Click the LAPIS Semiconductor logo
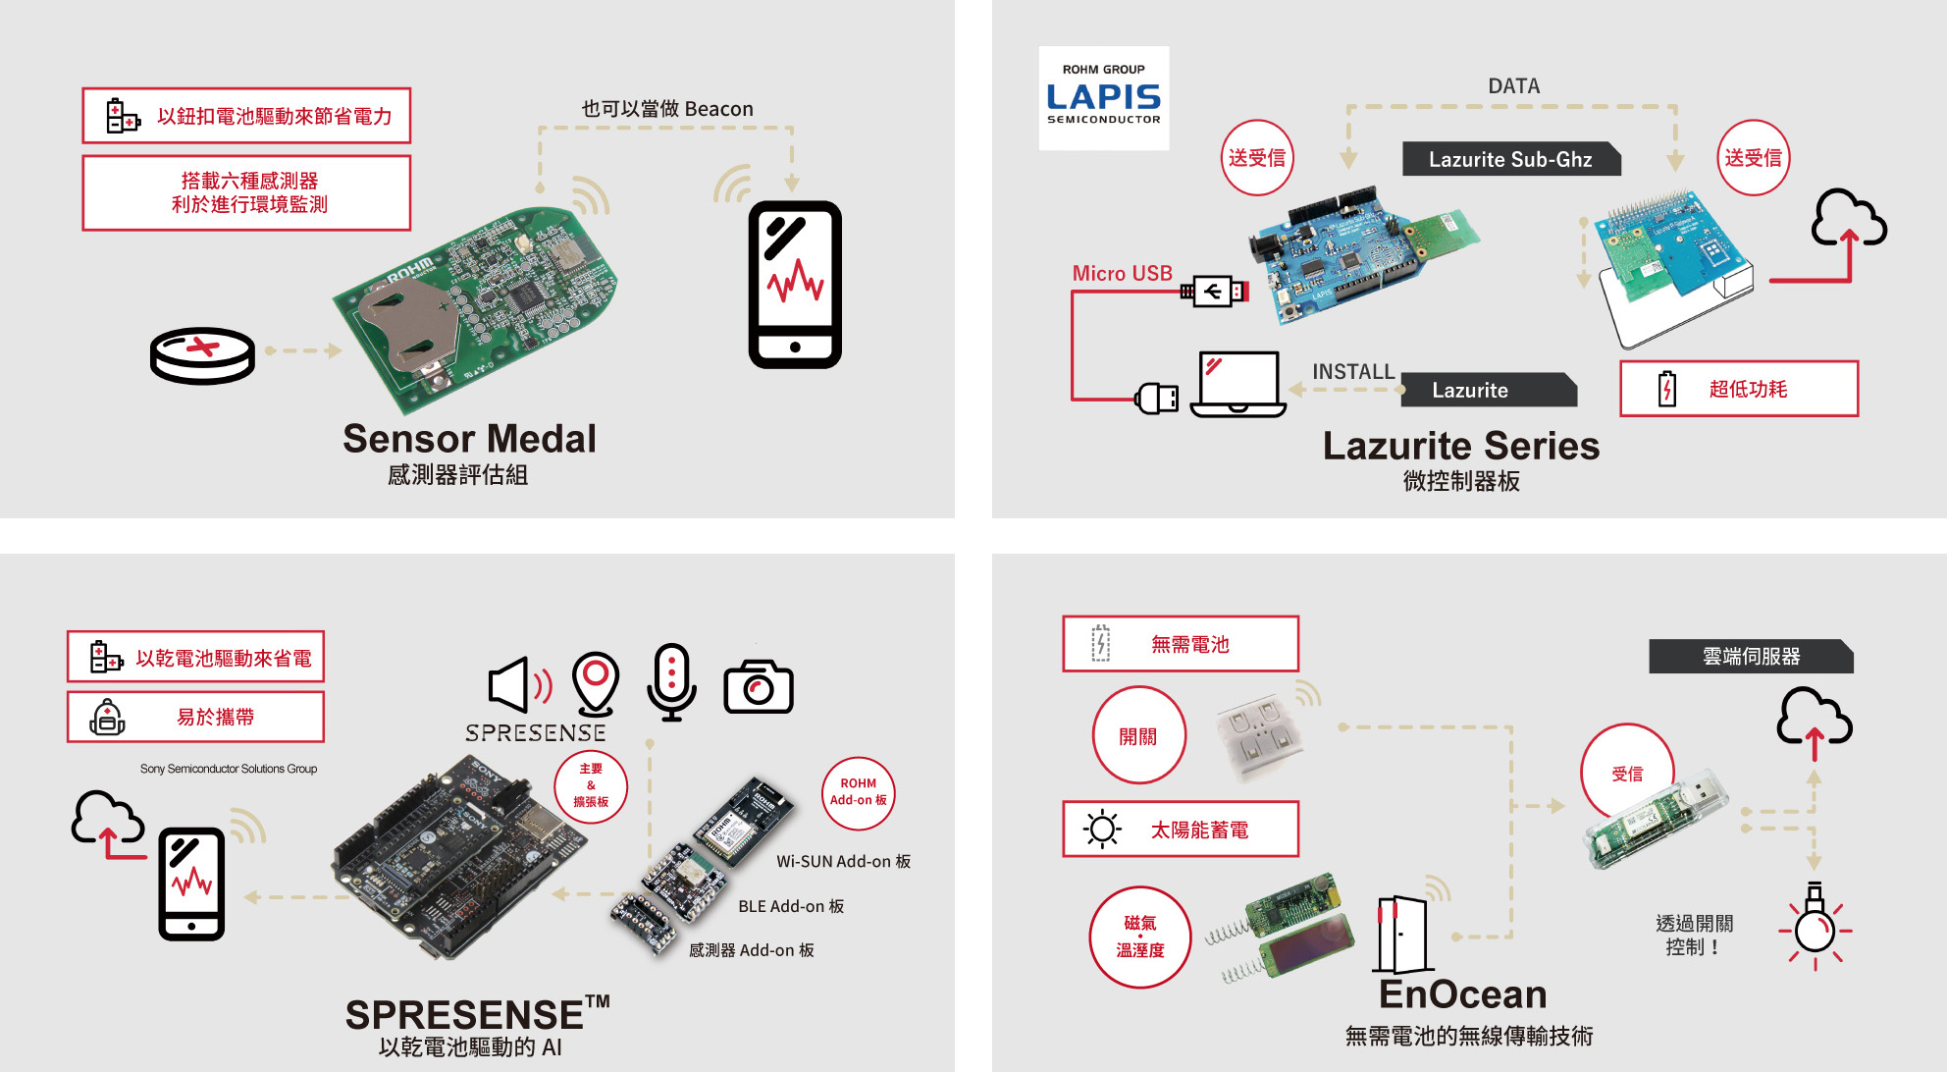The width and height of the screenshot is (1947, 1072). (1103, 97)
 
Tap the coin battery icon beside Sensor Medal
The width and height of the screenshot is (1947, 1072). (202, 354)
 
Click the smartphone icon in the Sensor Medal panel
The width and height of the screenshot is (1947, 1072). (795, 285)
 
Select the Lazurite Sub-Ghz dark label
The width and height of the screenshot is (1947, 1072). (1509, 159)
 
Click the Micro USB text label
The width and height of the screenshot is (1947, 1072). (1122, 273)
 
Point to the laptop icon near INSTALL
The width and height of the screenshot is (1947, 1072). (1238, 384)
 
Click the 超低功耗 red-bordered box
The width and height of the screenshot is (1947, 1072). (1738, 389)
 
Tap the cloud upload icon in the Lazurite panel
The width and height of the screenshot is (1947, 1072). (1848, 221)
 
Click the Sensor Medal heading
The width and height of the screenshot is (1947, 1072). (469, 439)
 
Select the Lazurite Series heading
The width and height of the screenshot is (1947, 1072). (1460, 446)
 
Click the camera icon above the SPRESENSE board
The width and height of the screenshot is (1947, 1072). (758, 686)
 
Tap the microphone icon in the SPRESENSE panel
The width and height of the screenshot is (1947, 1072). (671, 681)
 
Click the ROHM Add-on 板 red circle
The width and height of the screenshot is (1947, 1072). (858, 791)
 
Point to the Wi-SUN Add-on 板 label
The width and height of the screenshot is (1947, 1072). (843, 861)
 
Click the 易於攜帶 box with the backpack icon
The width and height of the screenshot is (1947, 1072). (195, 717)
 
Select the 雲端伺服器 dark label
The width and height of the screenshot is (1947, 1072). (1750, 656)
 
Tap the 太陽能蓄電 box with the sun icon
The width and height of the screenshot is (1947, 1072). (1180, 830)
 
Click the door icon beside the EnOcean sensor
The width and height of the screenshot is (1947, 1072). (1400, 934)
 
